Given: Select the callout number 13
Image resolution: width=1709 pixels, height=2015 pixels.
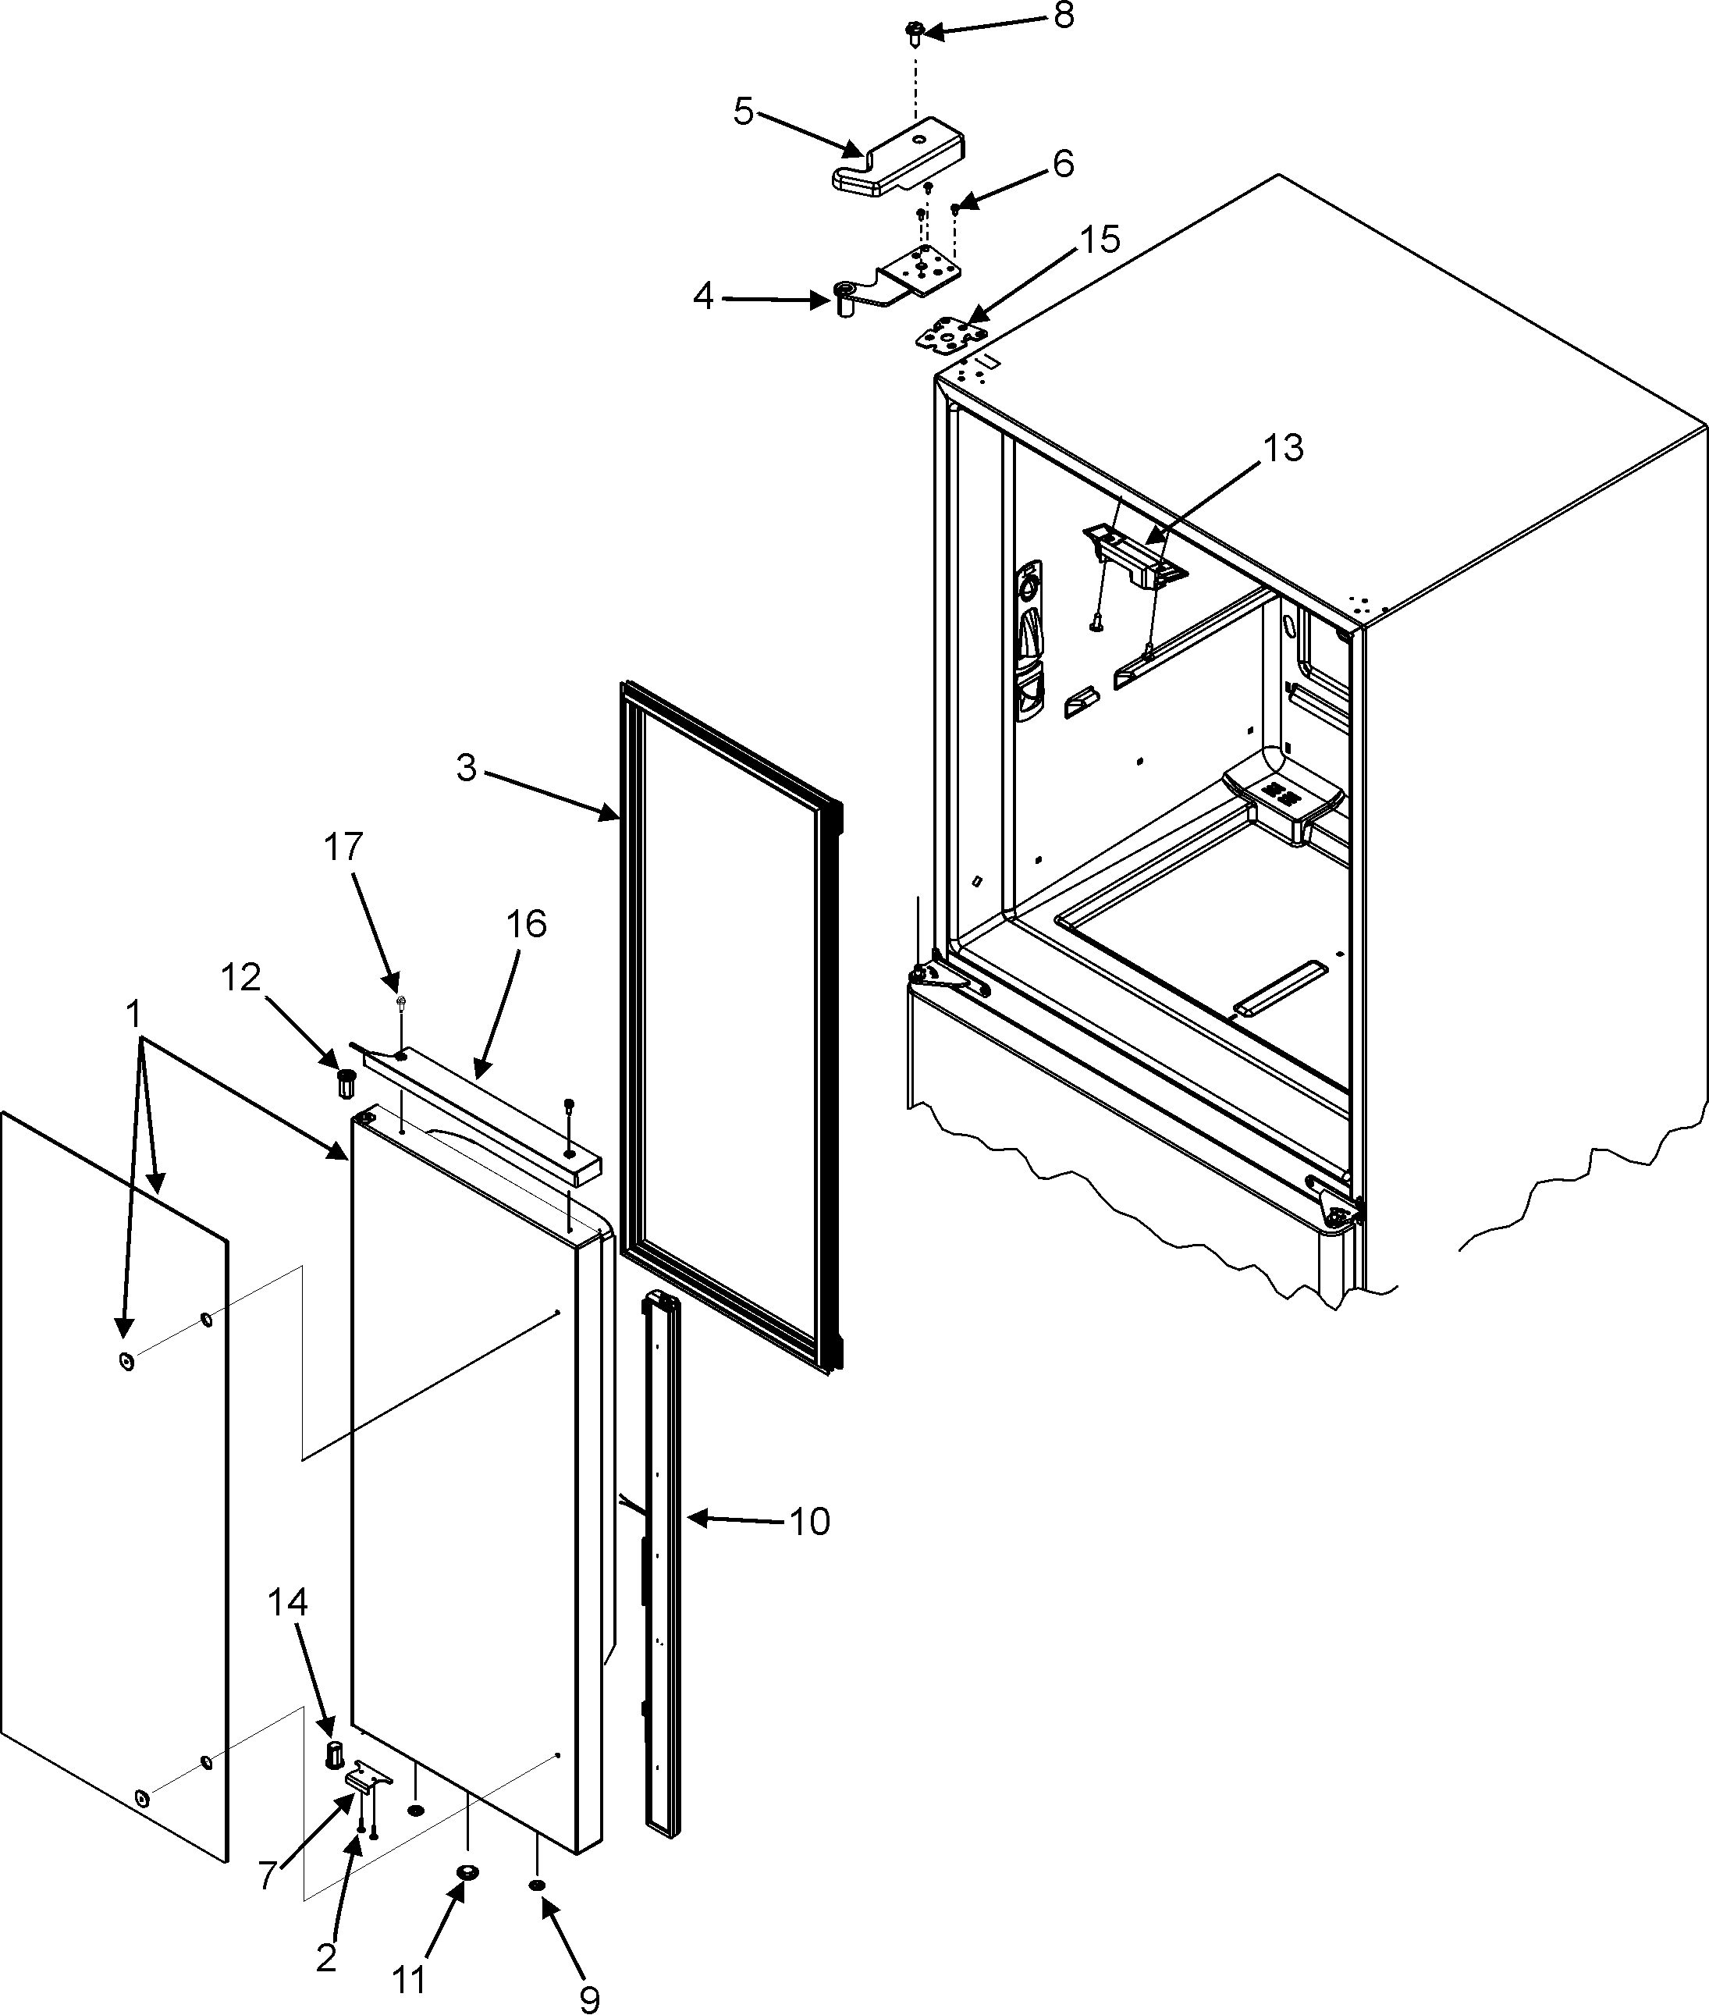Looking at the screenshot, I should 1283,449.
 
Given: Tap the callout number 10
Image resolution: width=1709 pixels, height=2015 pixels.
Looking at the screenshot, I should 809,1522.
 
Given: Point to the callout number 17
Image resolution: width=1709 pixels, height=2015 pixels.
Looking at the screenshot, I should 343,847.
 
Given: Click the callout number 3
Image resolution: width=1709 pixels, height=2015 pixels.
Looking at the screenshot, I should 466,768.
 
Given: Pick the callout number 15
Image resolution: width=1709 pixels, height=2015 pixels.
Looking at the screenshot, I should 1100,240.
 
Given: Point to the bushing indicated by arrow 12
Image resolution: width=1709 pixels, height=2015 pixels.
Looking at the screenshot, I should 343,1082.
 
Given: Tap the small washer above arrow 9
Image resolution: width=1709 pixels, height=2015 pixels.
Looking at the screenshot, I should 536,1883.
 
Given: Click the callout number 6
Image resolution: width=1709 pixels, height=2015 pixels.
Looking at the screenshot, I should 1063,164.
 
